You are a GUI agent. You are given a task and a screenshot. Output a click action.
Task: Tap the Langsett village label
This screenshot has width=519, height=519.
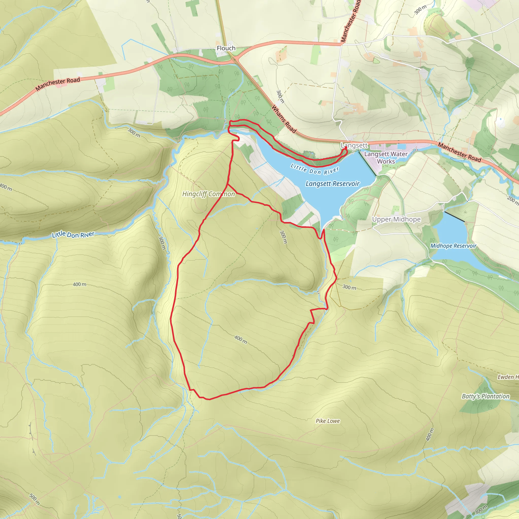coord(354,145)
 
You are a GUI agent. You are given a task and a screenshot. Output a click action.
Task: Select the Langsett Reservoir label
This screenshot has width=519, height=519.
coord(332,184)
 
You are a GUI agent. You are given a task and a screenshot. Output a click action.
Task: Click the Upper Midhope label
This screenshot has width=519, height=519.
coord(396,219)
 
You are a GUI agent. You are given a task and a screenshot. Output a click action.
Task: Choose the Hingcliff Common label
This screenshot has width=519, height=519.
coord(209,194)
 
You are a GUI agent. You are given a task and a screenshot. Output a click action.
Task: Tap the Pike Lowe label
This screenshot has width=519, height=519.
coord(327,421)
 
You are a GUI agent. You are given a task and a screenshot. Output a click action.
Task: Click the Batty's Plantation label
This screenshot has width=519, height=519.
coord(485,396)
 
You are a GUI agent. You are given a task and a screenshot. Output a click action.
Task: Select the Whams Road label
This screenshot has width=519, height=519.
coord(284,119)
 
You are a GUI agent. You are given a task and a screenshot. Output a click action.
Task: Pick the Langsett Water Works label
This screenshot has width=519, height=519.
coord(386,158)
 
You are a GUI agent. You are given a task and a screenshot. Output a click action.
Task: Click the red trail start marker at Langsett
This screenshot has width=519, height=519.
coord(345,147)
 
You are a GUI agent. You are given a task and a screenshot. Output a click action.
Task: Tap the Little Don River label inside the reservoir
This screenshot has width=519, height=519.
coord(314,170)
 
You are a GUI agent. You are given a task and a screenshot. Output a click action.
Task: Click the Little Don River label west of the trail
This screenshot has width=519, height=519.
coord(73,234)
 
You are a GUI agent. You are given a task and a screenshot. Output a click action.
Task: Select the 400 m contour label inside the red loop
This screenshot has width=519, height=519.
coord(240,340)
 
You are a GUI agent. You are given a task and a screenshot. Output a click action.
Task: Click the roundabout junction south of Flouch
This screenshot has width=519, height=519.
coord(234,59)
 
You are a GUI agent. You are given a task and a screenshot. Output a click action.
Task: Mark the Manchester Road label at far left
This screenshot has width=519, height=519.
coord(58,84)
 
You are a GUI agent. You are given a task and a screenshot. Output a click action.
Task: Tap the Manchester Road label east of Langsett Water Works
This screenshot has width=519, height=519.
coord(459,152)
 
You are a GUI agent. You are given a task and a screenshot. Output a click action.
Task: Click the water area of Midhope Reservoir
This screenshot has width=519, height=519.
coord(451,234)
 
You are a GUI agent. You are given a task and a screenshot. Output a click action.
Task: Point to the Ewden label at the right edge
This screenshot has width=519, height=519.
coord(508,377)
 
